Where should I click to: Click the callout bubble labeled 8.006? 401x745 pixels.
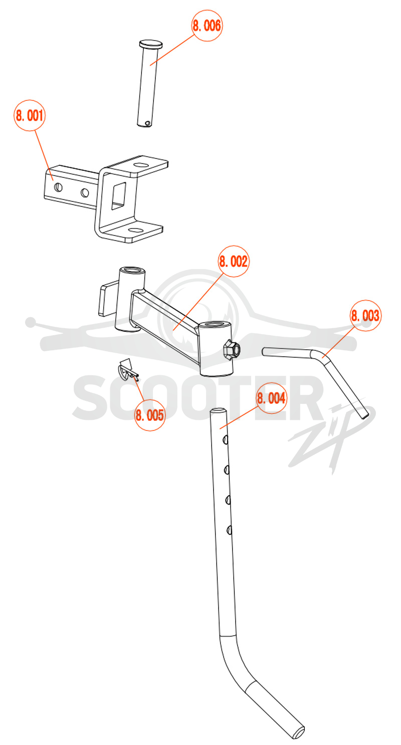point(207,26)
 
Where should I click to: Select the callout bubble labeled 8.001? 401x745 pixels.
point(30,115)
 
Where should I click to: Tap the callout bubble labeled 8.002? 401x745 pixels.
point(233,262)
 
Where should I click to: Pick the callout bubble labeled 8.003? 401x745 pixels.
point(365,315)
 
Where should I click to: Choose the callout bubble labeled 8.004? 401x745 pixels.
point(271,398)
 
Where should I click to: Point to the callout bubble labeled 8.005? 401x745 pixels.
point(149,415)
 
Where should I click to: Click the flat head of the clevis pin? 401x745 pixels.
point(151,44)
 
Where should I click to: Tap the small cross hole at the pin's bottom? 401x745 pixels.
point(147,123)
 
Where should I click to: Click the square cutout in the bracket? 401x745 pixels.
point(118,196)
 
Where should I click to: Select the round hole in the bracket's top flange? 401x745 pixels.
point(141,165)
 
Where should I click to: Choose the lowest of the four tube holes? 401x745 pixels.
point(229,530)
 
